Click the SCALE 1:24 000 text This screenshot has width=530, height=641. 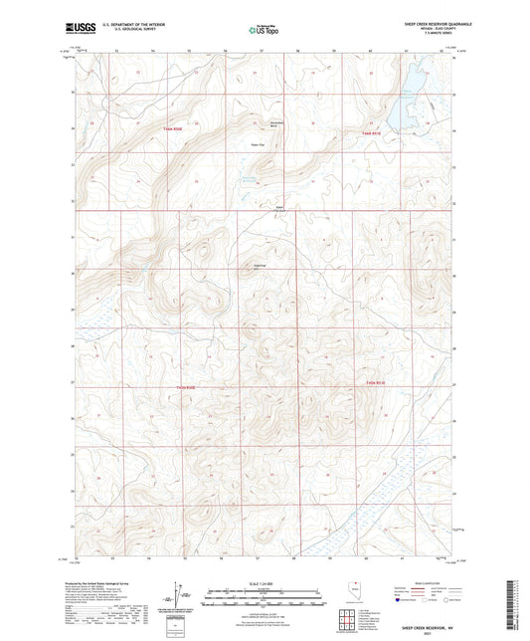tap(264, 583)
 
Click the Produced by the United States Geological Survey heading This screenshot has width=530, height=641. tap(109, 583)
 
